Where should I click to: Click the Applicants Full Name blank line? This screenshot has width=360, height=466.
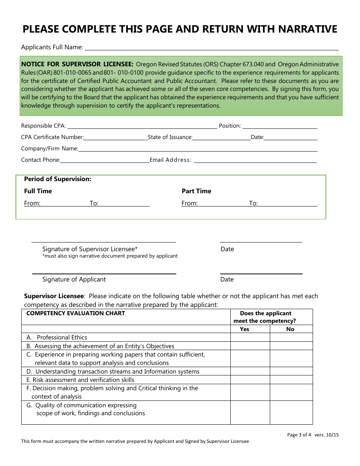(x=211, y=48)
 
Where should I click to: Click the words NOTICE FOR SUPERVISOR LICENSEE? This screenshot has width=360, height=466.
(x=77, y=64)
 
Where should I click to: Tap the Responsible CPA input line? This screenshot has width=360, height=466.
(x=142, y=126)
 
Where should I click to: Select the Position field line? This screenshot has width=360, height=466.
(x=280, y=126)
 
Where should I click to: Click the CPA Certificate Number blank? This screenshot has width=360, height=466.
(x=116, y=138)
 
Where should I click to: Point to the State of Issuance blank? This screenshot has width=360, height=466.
(x=222, y=138)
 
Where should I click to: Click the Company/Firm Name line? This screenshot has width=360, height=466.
(x=197, y=149)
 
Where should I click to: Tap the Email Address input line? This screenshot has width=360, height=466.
(x=255, y=160)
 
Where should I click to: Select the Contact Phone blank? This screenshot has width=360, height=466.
(x=105, y=160)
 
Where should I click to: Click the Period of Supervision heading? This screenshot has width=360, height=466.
(x=58, y=179)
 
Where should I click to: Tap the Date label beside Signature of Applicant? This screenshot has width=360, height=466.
(x=227, y=280)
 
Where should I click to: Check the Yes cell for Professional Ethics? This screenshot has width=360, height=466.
(x=250, y=338)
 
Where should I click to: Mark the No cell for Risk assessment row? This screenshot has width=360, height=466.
(x=291, y=380)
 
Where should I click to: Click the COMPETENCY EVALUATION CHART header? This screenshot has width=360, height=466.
(x=76, y=313)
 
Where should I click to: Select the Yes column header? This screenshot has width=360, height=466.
(x=245, y=329)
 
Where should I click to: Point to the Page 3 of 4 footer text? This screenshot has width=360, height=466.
(x=299, y=435)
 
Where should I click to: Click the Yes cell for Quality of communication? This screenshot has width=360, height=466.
(x=250, y=413)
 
